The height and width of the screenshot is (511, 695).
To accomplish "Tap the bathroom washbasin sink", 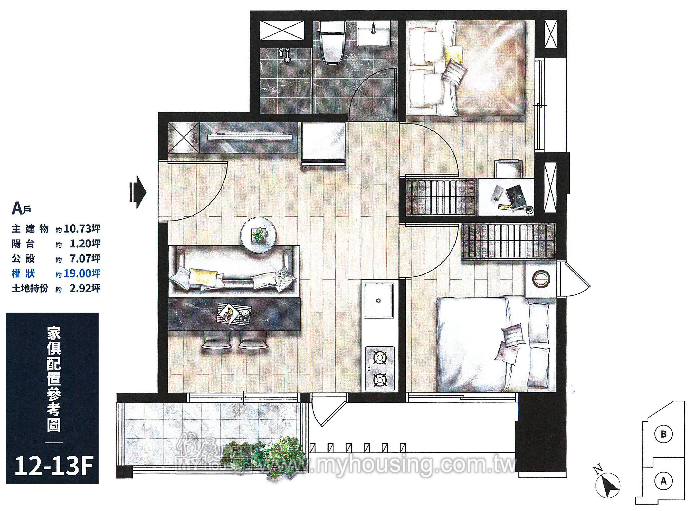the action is [374, 36].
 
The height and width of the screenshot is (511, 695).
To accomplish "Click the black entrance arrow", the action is [138, 192].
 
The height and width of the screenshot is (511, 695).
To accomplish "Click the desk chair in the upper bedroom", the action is [509, 168].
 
